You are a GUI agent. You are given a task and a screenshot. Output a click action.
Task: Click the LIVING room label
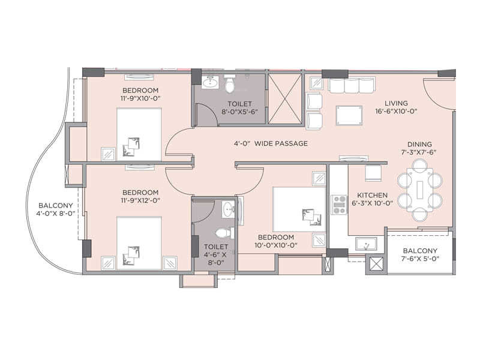coord(396,103)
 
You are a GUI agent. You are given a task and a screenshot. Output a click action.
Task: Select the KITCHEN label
coord(373,195)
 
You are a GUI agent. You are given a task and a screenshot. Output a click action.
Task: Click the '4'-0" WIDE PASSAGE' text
coord(271,143)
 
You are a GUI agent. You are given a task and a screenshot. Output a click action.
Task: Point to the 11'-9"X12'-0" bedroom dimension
coord(140,201)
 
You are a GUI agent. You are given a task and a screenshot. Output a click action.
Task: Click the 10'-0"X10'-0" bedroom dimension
coord(277,245)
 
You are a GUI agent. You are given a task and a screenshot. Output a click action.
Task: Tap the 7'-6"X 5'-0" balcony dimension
coord(419,259)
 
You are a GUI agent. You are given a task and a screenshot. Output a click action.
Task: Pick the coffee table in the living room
coord(349,114)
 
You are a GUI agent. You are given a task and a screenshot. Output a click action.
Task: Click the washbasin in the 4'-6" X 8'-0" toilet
coord(227,209)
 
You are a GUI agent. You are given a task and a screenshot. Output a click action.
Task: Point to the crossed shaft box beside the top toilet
coord(285,98)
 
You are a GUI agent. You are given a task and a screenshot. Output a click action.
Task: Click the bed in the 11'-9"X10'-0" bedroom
coord(139,133)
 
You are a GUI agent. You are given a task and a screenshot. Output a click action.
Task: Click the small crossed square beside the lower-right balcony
coord(376,264)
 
